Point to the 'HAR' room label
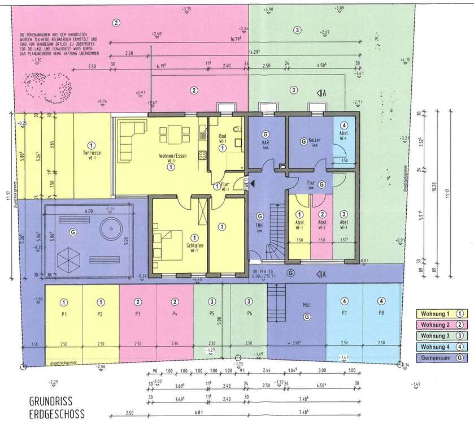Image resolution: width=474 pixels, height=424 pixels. coord(264,142)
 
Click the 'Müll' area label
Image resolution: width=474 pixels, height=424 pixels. coord(307,305)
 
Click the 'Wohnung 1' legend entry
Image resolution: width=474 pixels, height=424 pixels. coord(434,313)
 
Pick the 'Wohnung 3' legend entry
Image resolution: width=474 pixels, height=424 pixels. coord(434,335)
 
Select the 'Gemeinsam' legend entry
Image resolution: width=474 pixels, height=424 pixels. coord(434,357)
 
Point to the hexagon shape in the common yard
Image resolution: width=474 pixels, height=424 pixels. coord(71,258)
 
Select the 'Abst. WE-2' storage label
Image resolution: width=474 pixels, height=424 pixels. coord(321,224)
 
